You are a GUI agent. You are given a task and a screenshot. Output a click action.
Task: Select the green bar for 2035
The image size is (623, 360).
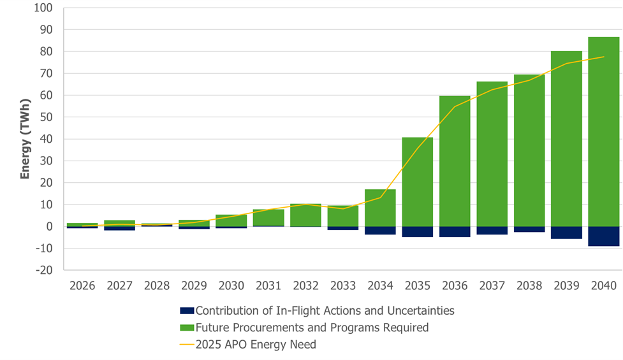417,182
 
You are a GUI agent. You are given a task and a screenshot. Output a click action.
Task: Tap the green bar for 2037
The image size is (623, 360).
492,154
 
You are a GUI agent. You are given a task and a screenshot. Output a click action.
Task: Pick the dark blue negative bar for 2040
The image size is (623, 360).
603,236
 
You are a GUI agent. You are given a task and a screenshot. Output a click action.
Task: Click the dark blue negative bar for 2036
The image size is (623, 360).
455,232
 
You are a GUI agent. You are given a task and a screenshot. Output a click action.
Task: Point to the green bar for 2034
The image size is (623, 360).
380,208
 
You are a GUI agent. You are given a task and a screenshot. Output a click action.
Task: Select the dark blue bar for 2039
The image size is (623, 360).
566,233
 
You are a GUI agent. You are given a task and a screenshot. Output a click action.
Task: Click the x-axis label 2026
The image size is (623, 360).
82,285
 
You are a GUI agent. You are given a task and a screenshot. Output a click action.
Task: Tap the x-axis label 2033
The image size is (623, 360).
343,285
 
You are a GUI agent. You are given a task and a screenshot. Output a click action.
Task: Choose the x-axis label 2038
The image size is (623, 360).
529,285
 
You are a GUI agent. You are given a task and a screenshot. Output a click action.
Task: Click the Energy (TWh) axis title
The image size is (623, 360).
25,139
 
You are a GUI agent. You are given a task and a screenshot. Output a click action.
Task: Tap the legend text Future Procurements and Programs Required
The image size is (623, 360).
312,328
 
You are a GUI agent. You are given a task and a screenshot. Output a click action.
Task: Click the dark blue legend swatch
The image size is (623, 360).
186,311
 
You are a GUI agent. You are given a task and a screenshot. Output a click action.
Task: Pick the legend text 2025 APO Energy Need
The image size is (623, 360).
256,345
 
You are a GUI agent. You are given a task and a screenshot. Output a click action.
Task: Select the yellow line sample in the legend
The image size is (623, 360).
186,345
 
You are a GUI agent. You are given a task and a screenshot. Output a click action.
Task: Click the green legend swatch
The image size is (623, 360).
186,328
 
